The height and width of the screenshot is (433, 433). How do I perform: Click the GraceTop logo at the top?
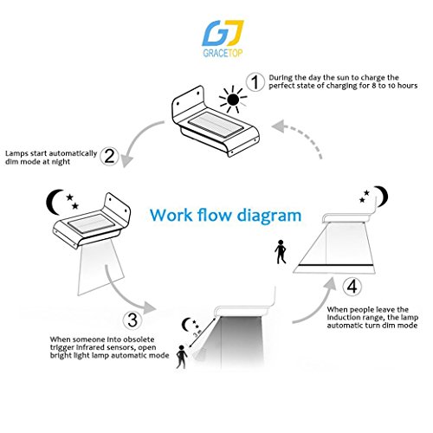223,38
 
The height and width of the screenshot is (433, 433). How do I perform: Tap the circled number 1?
255,82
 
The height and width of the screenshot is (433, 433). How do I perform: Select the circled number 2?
109,156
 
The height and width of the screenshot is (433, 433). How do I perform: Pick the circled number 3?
132,320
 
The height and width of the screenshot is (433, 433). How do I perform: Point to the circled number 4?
352,287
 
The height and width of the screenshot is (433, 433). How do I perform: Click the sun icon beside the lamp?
233,100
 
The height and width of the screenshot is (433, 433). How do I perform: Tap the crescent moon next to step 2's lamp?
53,202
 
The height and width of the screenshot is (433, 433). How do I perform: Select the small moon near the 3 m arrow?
185,325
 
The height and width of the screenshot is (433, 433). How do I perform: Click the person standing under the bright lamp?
182,357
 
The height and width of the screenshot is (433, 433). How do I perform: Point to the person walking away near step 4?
281,252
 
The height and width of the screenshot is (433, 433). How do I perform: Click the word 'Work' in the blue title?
171,215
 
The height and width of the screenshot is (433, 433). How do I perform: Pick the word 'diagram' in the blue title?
269,216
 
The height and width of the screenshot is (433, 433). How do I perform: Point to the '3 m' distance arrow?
202,333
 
